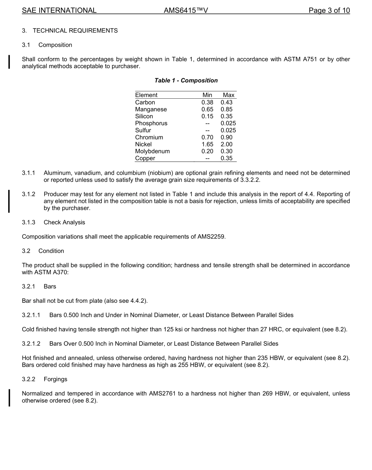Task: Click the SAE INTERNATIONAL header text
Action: (59, 11)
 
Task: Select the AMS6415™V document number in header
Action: (186, 11)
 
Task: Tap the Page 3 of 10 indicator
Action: (329, 11)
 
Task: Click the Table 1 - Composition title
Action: (186, 80)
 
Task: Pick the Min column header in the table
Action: (207, 95)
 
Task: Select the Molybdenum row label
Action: (152, 151)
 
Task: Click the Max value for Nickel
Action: (226, 144)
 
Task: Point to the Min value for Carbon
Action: (207, 102)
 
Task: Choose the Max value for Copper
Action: (226, 158)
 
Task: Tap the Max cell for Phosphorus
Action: (228, 123)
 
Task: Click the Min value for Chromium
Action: (207, 137)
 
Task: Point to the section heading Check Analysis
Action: (64, 222)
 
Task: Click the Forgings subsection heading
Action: (55, 379)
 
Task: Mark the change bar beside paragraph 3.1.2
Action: (9, 201)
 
